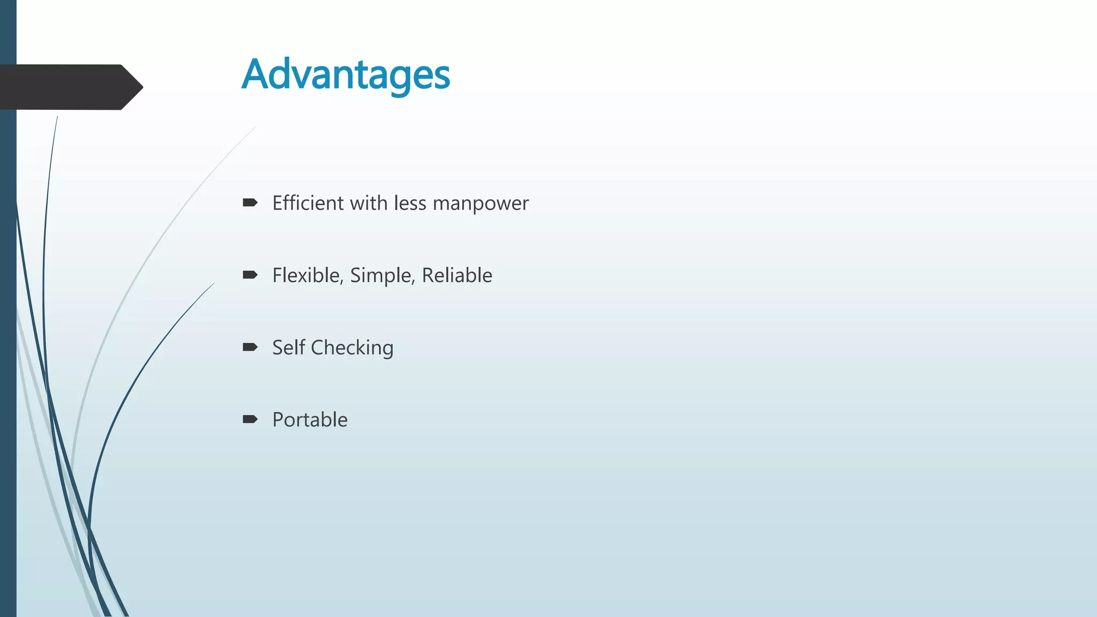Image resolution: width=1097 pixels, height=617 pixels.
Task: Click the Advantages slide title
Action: pos(345,74)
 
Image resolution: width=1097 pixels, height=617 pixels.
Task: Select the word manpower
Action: pos(480,204)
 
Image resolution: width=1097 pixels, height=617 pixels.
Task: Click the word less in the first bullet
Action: pos(410,203)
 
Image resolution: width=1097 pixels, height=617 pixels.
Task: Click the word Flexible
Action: pos(306,275)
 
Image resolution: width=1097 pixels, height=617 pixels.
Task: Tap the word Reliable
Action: pos(457,275)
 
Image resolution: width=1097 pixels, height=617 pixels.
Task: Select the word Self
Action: pos(289,348)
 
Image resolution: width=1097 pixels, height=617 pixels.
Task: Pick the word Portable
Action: pos(310,420)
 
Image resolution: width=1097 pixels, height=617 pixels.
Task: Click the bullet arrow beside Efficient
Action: pos(250,202)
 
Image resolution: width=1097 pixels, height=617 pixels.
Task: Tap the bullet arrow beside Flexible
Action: pos(250,275)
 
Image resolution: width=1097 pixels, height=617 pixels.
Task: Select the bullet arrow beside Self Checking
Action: pos(250,347)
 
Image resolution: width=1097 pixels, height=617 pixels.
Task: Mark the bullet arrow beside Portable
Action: pos(250,419)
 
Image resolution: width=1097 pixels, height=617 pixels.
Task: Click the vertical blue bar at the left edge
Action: pos(8,348)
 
